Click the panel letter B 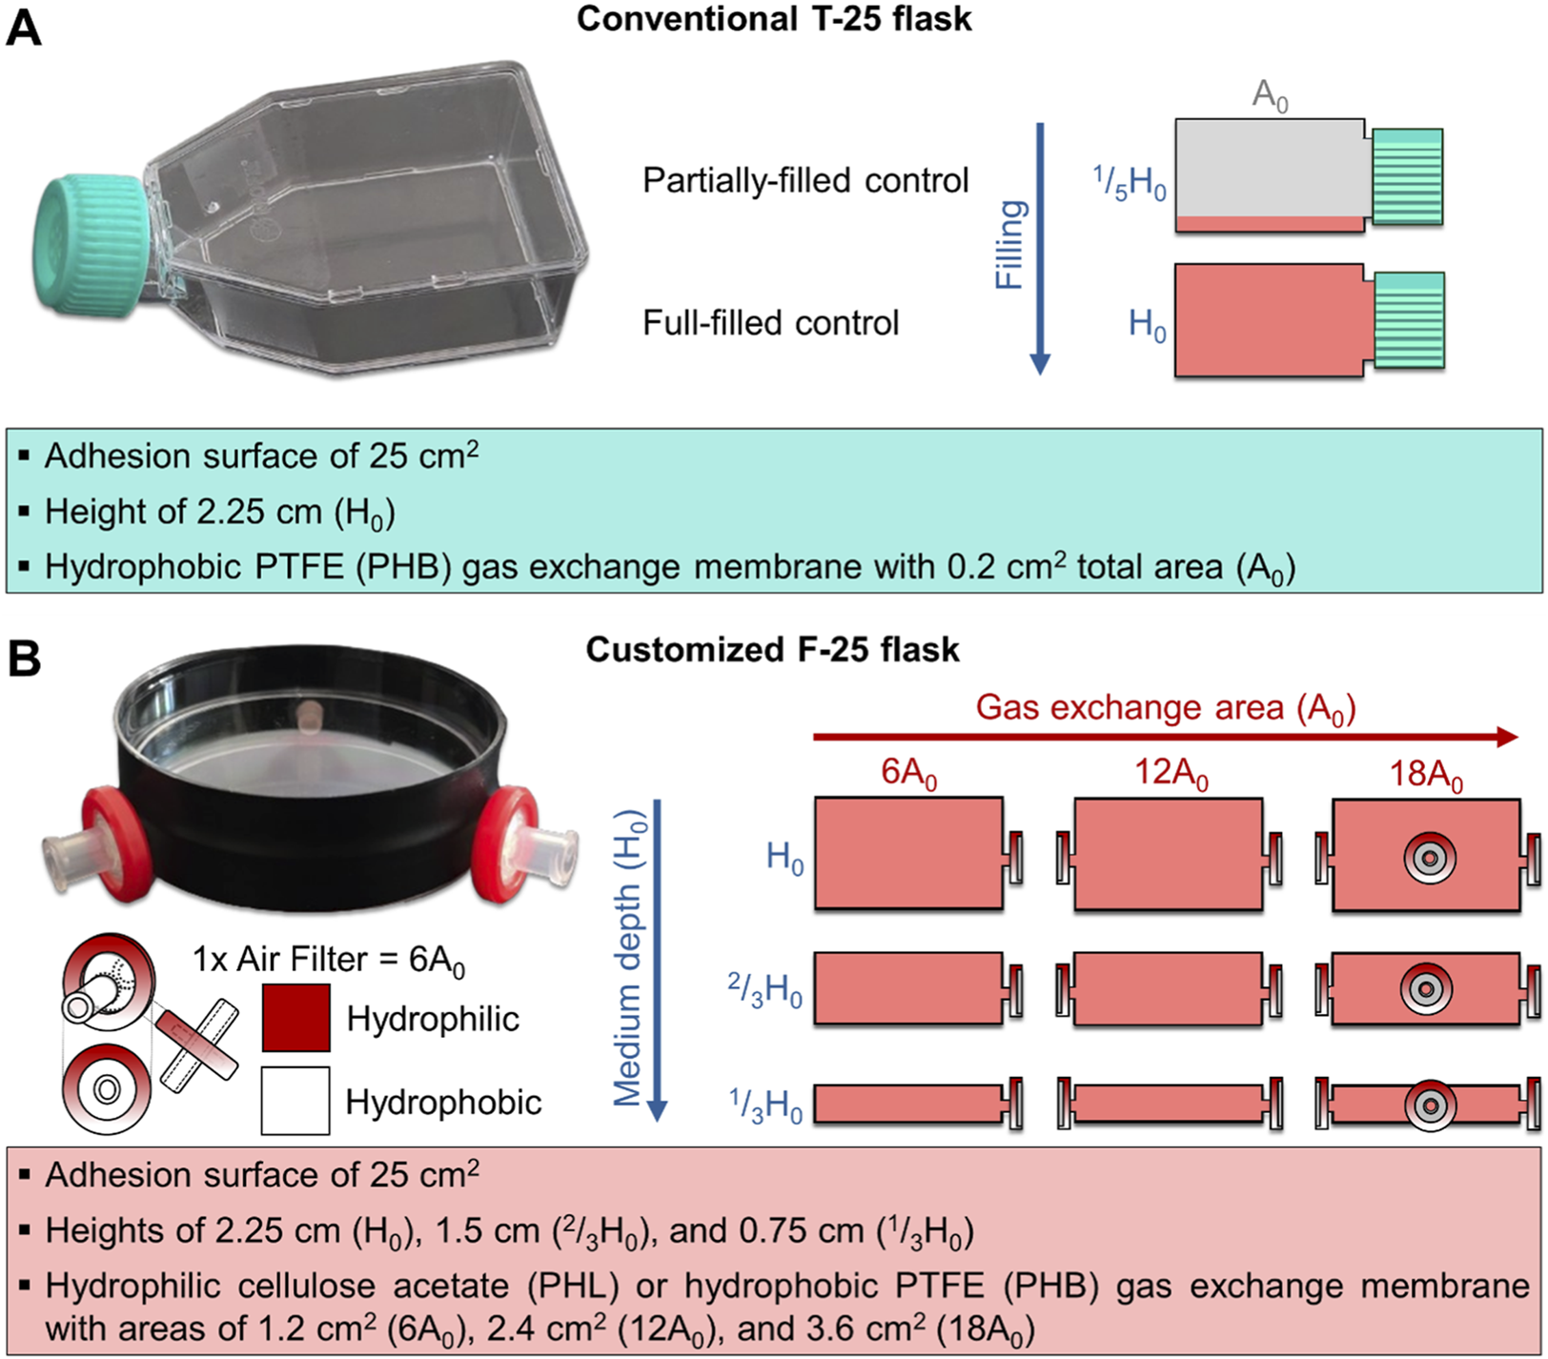pyautogui.click(x=24, y=658)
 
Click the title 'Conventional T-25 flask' pyautogui.click(x=774, y=20)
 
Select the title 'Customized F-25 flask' pyautogui.click(x=772, y=650)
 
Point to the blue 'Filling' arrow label pyautogui.click(x=1010, y=245)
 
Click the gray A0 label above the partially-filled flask pyautogui.click(x=1269, y=95)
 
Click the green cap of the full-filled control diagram pyautogui.click(x=1410, y=320)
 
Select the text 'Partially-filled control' pyautogui.click(x=805, y=180)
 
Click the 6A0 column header pyautogui.click(x=908, y=773)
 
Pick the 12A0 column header pyautogui.click(x=1171, y=773)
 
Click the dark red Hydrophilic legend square pyautogui.click(x=295, y=1018)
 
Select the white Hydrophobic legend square pyautogui.click(x=295, y=1101)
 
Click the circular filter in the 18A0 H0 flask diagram pyautogui.click(x=1429, y=859)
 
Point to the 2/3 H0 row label pyautogui.click(x=765, y=990)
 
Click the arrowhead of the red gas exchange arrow pyautogui.click(x=1507, y=737)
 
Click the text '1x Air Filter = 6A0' pyautogui.click(x=329, y=960)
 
